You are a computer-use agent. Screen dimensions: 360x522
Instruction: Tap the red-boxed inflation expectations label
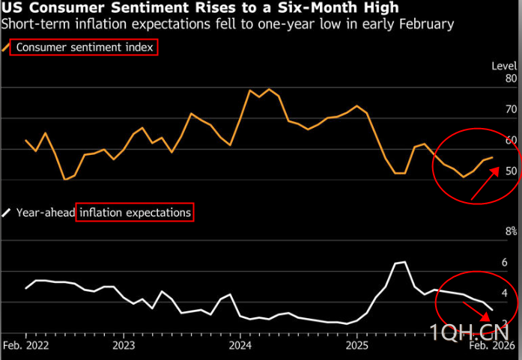(x=135, y=213)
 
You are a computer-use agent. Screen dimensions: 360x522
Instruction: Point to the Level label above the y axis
(x=504, y=66)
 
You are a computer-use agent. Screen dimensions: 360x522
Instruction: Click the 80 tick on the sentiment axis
(x=512, y=78)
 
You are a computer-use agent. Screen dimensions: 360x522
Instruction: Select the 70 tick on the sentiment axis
(x=512, y=109)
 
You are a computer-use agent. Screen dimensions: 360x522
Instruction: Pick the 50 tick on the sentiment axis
(x=512, y=171)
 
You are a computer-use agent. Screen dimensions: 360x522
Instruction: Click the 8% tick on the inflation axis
(x=511, y=231)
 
